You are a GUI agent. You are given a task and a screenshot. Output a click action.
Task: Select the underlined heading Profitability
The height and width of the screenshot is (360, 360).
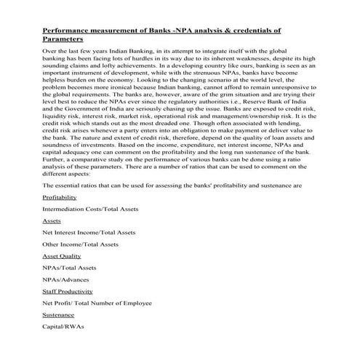(x=60, y=197)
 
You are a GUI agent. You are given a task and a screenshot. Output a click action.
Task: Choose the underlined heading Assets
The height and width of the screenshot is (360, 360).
(x=52, y=220)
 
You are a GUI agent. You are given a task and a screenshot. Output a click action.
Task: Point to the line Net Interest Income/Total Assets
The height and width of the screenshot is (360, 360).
(x=89, y=232)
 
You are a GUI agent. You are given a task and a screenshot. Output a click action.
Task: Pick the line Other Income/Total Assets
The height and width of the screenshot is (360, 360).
(x=83, y=244)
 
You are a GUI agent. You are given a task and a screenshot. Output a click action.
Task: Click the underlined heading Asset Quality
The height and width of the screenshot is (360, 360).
(x=62, y=256)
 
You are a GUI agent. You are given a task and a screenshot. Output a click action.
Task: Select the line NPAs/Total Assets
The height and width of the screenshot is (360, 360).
(x=69, y=268)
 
